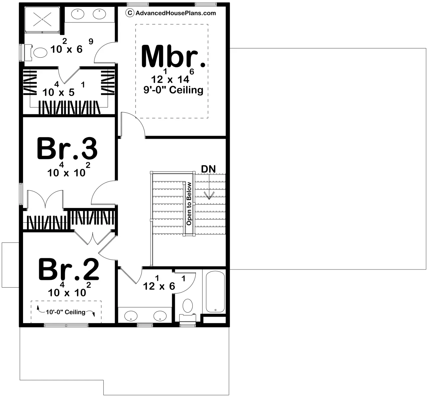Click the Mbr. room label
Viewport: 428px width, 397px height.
coord(173,56)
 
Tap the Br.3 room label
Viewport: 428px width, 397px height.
coord(67,149)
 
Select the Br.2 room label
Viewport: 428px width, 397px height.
coord(68,269)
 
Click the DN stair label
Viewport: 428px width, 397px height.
coord(208,169)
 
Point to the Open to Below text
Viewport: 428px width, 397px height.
coord(189,204)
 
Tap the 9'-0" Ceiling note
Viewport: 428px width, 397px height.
coord(173,90)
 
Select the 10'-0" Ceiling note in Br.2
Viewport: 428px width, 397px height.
coord(66,312)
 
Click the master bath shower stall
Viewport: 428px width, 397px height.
coord(42,20)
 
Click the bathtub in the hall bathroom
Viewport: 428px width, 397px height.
coord(215,292)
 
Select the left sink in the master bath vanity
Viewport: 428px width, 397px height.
coord(78,14)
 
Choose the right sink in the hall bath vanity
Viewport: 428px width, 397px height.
coord(160,316)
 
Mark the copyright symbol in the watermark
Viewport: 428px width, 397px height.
coord(130,13)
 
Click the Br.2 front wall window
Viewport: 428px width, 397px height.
coord(66,325)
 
